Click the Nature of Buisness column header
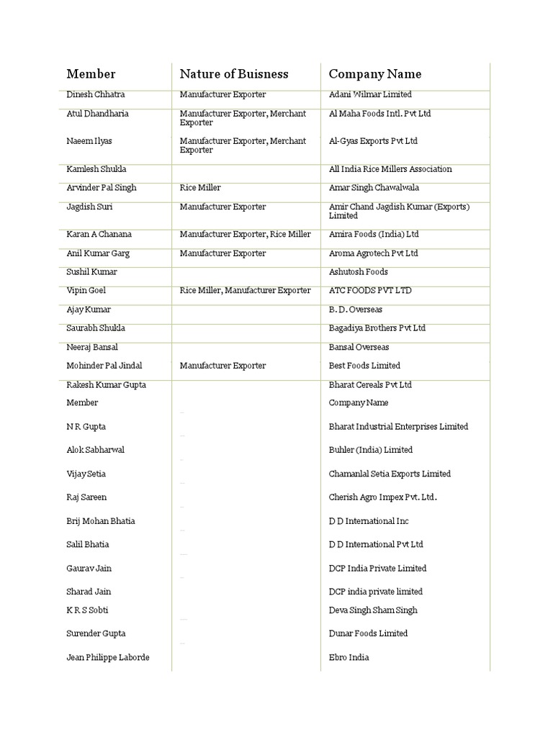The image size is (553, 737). (233, 74)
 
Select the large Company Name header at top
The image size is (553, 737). (375, 74)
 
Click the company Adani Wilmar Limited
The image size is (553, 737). (370, 94)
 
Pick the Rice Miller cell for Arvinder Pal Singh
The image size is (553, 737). (200, 188)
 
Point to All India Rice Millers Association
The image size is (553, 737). (390, 169)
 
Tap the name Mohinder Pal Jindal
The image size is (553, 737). (105, 366)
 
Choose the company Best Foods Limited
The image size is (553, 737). (364, 366)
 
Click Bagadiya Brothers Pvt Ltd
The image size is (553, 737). (377, 328)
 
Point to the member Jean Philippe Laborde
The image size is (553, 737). (107, 658)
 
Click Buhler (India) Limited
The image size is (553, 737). (370, 450)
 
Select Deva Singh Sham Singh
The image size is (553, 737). (373, 610)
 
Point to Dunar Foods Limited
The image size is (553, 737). (368, 633)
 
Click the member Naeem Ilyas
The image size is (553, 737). (89, 141)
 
